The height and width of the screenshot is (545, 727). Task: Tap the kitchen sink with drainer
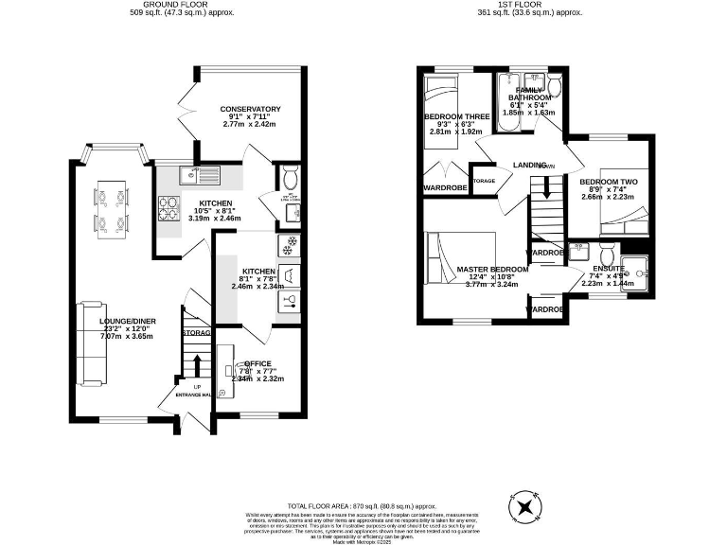(200, 174)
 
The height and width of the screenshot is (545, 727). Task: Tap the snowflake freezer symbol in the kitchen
(287, 245)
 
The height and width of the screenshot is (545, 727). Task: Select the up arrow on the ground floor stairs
(197, 365)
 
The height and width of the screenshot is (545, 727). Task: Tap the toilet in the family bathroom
(556, 88)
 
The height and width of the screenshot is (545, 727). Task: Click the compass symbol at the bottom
(522, 508)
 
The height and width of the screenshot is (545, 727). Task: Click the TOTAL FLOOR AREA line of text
(363, 506)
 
